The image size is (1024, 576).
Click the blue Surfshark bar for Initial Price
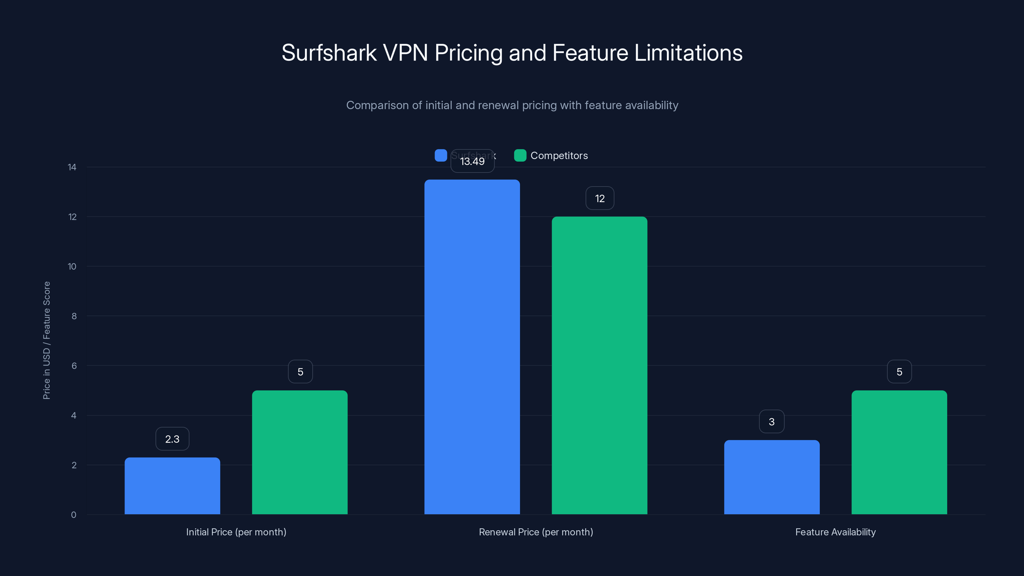tap(172, 486)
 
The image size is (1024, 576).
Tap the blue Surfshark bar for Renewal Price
tap(472, 347)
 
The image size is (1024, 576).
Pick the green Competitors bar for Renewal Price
tap(599, 365)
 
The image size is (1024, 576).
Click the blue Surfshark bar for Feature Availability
tap(772, 477)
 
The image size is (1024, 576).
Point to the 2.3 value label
tap(172, 439)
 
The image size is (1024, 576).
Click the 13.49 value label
tap(472, 161)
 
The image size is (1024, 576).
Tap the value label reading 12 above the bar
tap(599, 198)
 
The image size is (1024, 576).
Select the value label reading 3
tap(772, 421)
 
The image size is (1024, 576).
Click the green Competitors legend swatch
tap(520, 156)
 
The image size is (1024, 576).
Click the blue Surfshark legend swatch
tap(440, 156)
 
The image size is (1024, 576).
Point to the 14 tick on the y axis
tap(72, 167)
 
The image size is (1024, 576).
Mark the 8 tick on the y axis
tap(74, 316)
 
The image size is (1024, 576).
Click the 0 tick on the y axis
tap(74, 515)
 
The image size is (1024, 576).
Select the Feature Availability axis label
tap(835, 532)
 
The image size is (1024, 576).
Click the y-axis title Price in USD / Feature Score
tap(46, 340)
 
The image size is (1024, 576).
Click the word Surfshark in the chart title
tap(329, 53)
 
